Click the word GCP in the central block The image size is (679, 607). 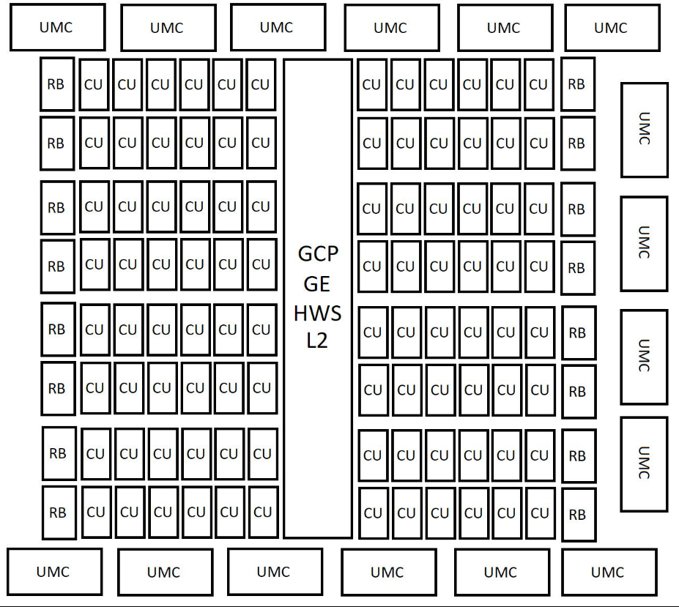click(x=318, y=254)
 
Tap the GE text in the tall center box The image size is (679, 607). click(x=318, y=283)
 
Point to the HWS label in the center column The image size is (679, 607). click(x=318, y=313)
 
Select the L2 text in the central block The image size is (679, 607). click(x=318, y=341)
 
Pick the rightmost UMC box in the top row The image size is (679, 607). click(x=610, y=29)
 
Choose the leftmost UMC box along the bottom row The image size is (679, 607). click(x=53, y=572)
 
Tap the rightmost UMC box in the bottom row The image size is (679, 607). click(x=607, y=573)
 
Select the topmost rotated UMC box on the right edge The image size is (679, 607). click(x=644, y=130)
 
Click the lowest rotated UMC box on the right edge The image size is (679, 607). click(x=644, y=463)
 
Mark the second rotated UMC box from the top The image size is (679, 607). click(x=644, y=242)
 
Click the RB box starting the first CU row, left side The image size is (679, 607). click(x=56, y=83)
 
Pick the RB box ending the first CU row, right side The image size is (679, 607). click(x=577, y=83)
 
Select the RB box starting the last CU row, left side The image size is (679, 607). click(x=58, y=512)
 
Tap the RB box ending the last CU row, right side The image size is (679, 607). click(x=577, y=515)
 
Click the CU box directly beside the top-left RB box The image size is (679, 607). click(x=94, y=83)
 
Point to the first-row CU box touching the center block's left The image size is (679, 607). click(x=261, y=83)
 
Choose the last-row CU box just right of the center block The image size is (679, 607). click(x=373, y=513)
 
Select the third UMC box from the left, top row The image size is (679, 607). click(x=277, y=27)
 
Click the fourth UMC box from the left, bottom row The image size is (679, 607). click(x=387, y=573)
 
